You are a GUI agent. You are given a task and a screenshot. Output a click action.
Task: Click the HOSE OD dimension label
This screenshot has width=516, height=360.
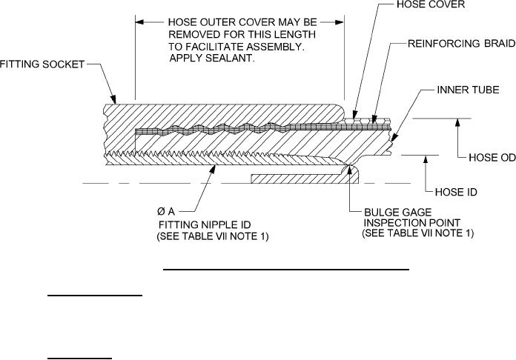tap(492, 158)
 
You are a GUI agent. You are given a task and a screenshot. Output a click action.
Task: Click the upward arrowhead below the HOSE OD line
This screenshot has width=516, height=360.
tap(460, 123)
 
